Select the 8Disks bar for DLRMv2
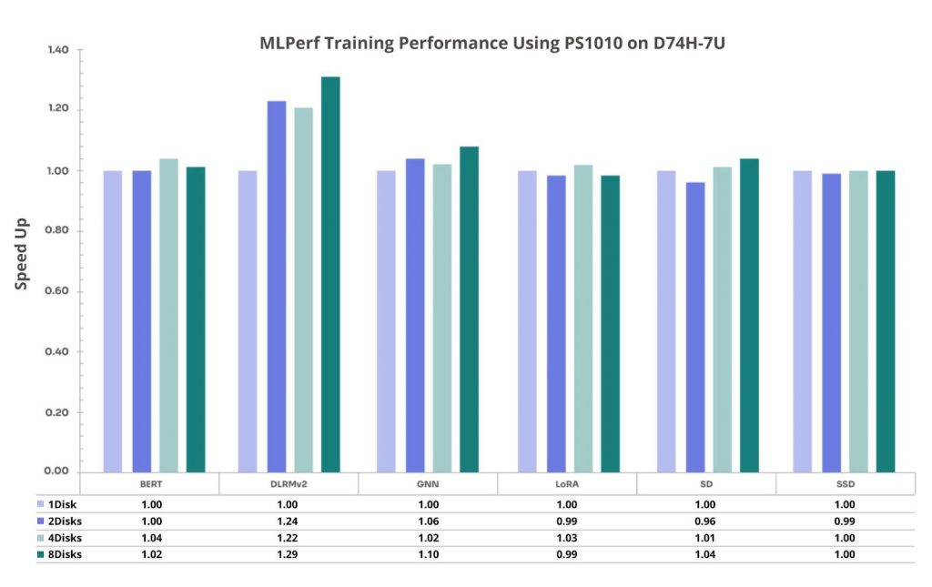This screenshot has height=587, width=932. click(330, 273)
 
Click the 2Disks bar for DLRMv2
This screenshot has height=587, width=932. click(277, 286)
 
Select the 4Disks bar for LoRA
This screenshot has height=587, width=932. click(582, 318)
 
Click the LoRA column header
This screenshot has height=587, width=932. click(567, 484)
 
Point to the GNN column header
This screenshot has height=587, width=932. click(428, 484)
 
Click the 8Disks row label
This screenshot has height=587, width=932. click(66, 554)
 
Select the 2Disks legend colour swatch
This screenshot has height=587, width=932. click(40, 521)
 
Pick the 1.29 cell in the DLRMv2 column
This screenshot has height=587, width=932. click(289, 554)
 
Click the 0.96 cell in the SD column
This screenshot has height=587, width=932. click(706, 521)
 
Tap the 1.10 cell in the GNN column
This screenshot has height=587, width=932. click(428, 554)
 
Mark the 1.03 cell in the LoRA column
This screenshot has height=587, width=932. click(567, 537)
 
